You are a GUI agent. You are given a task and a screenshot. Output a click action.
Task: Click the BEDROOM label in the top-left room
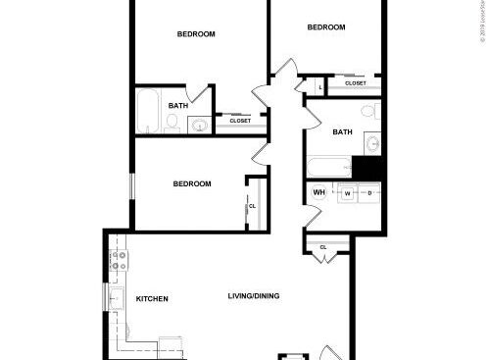(x=196, y=34)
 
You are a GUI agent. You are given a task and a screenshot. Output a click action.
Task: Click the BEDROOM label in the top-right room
(x=326, y=27)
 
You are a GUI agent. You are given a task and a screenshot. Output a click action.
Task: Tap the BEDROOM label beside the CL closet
(x=192, y=183)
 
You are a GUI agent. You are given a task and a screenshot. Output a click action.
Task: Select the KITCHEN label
(x=152, y=298)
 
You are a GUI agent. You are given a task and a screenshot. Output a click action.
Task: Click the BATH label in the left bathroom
(x=178, y=106)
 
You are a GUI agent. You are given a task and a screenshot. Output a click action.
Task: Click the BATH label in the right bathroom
(x=342, y=131)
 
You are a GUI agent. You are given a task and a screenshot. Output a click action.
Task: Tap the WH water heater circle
(x=318, y=192)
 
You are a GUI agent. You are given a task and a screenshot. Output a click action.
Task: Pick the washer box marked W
(x=346, y=193)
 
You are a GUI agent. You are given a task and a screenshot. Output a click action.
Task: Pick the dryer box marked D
(x=369, y=193)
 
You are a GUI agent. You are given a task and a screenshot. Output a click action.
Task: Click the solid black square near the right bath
(x=367, y=168)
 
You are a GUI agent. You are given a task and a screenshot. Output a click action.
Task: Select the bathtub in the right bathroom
(x=328, y=166)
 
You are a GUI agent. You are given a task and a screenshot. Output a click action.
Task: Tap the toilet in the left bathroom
(x=172, y=123)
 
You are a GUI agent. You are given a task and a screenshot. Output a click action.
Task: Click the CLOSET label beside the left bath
(x=240, y=121)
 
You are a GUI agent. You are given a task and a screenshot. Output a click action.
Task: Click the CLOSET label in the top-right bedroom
(x=356, y=83)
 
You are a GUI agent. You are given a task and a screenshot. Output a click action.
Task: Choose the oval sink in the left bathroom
(x=200, y=125)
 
